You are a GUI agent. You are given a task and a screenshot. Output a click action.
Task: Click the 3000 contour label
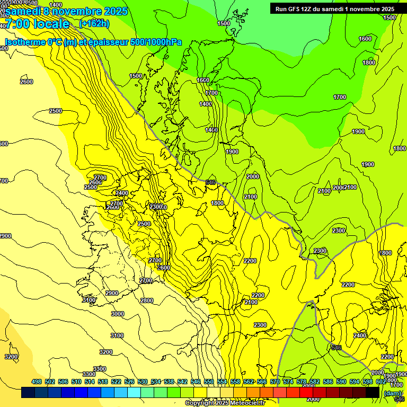pos(117,314)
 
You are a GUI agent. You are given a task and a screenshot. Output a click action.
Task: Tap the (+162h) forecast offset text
pos(94,24)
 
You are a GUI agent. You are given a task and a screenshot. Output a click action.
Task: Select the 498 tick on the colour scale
pos(37,382)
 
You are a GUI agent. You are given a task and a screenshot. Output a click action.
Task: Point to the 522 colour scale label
pos(116,382)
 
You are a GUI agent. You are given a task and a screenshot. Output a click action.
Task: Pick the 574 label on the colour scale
pos(288,382)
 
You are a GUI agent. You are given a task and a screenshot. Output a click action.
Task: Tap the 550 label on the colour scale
pos(209,382)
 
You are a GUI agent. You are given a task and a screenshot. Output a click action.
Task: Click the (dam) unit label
pos(392,393)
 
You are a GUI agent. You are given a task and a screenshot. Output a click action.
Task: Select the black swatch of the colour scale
pos(373,392)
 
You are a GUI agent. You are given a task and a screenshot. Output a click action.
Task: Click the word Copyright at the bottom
pos(201,403)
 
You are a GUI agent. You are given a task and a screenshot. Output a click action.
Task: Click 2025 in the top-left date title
pos(112,11)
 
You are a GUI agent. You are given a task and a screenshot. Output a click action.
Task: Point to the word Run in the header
pos(281,9)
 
